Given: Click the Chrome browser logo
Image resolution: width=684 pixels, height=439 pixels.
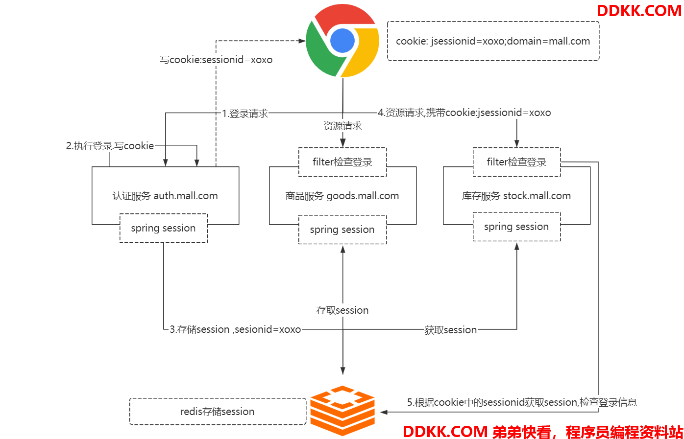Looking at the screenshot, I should tap(342, 41).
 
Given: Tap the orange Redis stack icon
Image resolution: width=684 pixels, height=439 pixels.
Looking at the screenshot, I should tap(342, 411).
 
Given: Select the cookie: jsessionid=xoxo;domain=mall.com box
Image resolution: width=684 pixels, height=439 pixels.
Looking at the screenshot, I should tap(493, 41).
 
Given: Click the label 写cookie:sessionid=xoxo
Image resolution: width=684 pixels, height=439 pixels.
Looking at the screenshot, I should tap(216, 60).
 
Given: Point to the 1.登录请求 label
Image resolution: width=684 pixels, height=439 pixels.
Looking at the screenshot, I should tap(245, 114).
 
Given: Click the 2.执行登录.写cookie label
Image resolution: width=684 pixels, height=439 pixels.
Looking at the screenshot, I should tap(110, 146).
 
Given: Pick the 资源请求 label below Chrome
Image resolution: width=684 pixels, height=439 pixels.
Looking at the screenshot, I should tap(342, 126).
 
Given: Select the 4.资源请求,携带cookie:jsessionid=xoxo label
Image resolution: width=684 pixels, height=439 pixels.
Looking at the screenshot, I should tap(464, 113).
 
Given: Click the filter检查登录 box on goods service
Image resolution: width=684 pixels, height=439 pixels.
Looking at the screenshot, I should tap(342, 162).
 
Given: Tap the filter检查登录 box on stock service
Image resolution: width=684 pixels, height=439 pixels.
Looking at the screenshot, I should tap(516, 162).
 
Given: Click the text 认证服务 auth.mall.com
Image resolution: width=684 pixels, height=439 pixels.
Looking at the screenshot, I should tap(165, 196).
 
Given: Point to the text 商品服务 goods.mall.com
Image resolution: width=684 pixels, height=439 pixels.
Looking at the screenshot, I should tap(342, 196).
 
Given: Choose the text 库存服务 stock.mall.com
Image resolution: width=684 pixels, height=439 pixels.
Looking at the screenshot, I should tap(516, 196).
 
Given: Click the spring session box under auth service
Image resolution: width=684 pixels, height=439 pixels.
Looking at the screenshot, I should tap(163, 228).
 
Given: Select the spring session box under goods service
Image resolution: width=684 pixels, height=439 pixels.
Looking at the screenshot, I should tap(342, 230).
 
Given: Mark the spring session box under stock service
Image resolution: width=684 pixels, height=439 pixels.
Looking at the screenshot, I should tap(516, 227).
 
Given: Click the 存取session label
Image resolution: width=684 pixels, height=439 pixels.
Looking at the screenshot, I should tap(342, 310).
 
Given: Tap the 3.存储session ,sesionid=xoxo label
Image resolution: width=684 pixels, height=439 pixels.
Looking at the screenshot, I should tap(235, 329).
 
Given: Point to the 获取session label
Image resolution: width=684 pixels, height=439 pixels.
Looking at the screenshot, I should tap(450, 330).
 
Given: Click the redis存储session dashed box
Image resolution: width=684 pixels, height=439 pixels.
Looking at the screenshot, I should tap(218, 412).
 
